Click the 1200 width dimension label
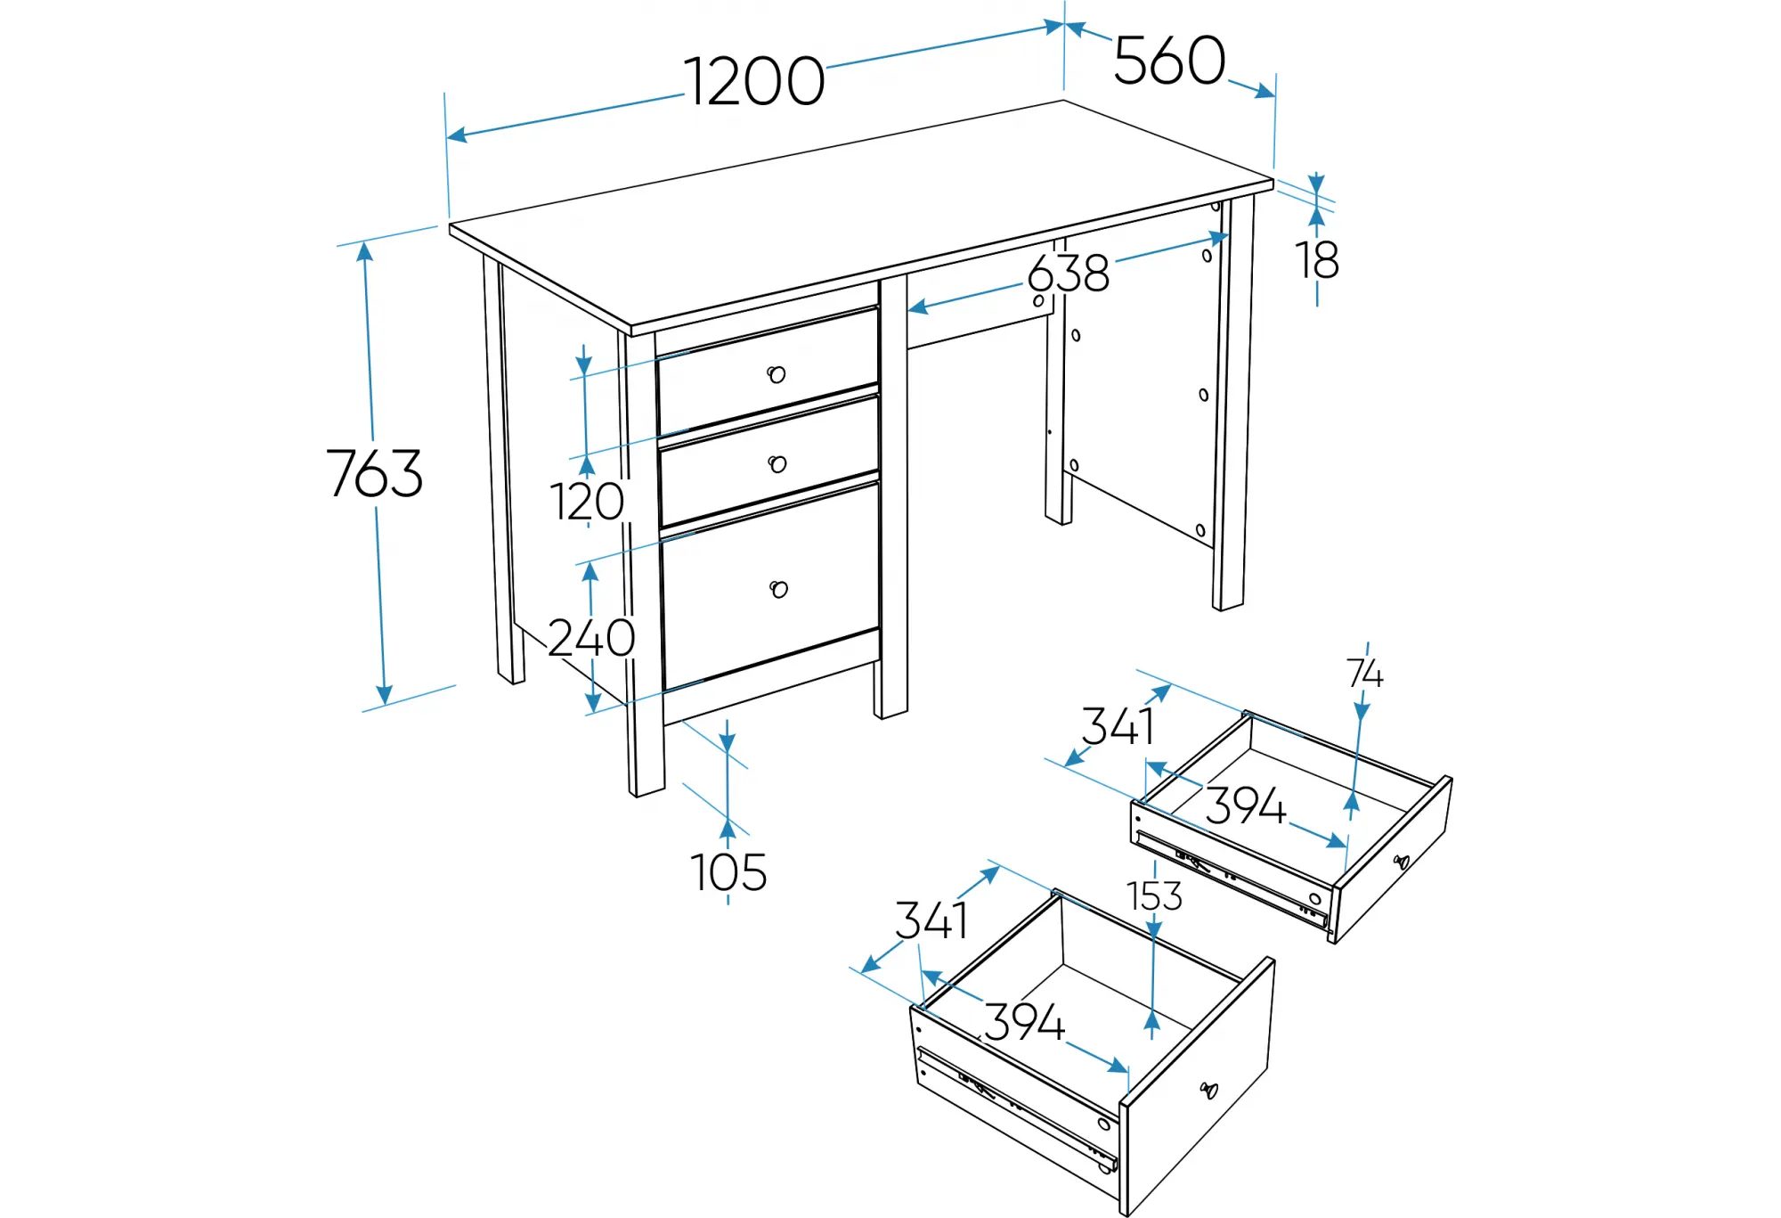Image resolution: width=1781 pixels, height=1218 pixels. tap(754, 82)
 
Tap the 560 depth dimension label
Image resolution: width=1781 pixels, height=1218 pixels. tap(1169, 61)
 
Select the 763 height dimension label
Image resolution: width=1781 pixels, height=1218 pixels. tap(374, 473)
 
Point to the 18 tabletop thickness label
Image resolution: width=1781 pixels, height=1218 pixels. tap(1317, 260)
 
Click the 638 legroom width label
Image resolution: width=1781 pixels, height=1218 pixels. tap(1069, 274)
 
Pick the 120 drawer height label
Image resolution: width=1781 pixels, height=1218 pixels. tap(587, 502)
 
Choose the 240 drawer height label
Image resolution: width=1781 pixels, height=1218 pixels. tap(591, 638)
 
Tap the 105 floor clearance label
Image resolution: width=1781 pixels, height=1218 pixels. tap(728, 872)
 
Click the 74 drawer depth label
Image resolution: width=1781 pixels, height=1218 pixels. tap(1364, 674)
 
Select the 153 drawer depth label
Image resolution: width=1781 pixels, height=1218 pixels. tap(1154, 896)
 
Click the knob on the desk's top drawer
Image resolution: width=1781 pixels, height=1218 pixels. tap(777, 374)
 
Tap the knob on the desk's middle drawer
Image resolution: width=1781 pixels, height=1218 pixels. tap(777, 464)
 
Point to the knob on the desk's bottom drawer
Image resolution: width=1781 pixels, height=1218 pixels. tap(779, 589)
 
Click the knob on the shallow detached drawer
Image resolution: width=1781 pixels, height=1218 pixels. tap(1402, 862)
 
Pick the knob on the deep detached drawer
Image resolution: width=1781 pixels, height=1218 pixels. tap(1208, 1090)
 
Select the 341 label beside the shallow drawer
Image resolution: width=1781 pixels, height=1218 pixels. tap(1118, 726)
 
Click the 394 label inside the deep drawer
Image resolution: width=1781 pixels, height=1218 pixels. tap(1025, 1022)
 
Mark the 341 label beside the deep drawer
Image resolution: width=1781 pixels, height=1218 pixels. tap(931, 920)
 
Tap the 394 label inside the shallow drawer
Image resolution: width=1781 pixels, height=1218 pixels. tap(1246, 806)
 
